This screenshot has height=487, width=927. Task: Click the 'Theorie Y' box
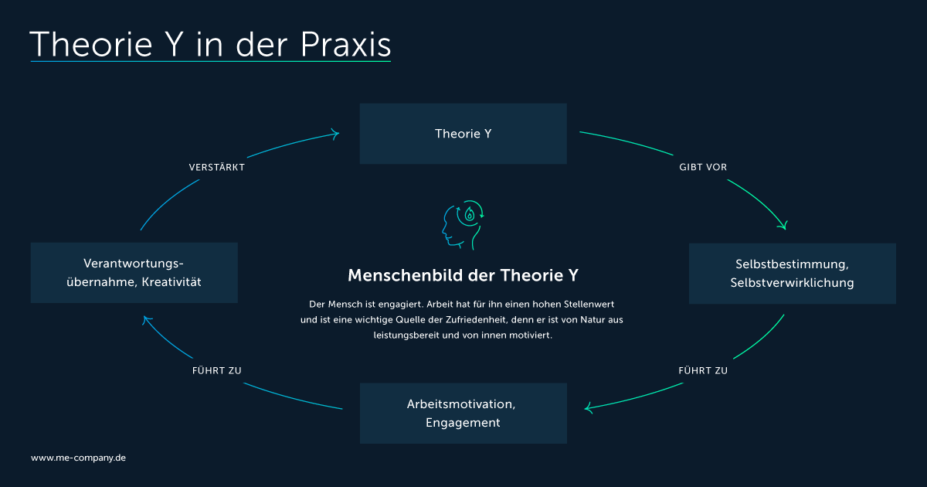(463, 134)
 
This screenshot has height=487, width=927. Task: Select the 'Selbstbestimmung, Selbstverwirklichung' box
(793, 274)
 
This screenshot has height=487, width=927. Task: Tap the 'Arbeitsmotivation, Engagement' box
(463, 414)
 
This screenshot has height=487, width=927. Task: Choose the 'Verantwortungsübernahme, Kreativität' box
(134, 273)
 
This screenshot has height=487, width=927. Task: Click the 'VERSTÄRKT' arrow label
(217, 167)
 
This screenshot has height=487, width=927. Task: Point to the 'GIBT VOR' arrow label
(703, 167)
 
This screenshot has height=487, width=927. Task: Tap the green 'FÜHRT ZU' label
(703, 370)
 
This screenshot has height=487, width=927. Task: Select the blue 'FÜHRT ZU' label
(217, 370)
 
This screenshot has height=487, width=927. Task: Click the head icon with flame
(463, 225)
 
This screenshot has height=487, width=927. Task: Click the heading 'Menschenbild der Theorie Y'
(463, 275)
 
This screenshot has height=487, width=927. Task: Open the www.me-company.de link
(78, 458)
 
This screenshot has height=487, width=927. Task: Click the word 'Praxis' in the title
(345, 44)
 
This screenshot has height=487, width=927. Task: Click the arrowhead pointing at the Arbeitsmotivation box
(587, 408)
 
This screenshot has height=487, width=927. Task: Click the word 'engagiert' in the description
(401, 305)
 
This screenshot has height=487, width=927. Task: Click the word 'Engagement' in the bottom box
(463, 423)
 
